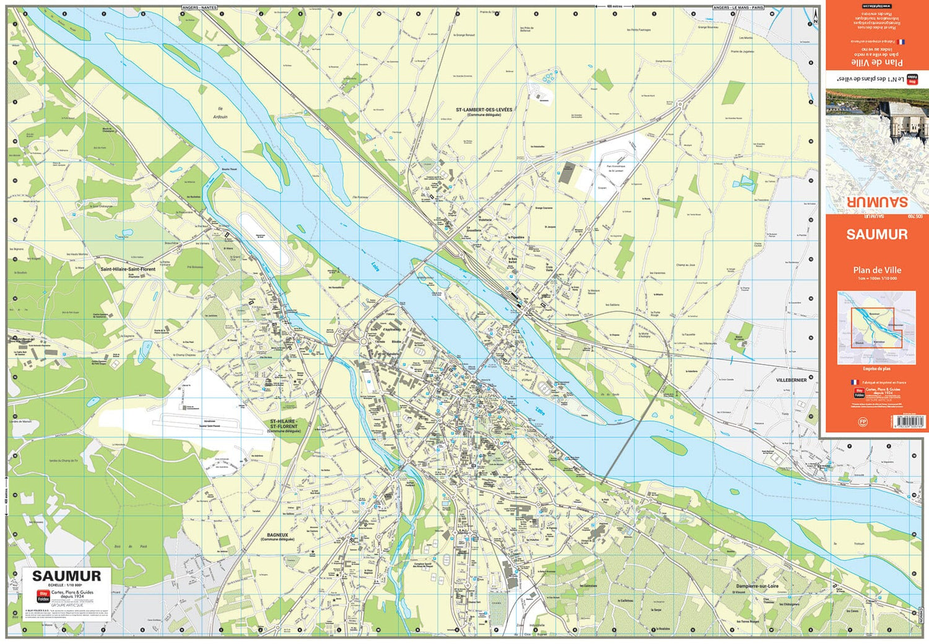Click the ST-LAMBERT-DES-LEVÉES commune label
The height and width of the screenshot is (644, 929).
coord(484,110)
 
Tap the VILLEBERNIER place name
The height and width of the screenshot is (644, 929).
coord(791,380)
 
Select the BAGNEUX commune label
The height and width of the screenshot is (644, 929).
coord(277,535)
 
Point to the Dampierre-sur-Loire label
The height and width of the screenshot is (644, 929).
coord(757,586)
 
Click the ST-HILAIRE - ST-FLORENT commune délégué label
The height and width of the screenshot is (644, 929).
coord(284,424)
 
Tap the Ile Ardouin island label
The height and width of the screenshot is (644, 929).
coord(220,113)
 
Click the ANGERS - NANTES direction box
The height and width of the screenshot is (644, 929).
coord(199,7)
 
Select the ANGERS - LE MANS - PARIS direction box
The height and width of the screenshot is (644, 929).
coord(738,7)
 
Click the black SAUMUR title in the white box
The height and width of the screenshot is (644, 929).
coord(66,576)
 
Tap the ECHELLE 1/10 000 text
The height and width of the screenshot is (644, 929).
coord(66,585)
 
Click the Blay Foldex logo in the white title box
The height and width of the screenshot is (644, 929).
coord(43,596)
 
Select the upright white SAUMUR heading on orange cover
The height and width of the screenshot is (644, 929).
coord(876,235)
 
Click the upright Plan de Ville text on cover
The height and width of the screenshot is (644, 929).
coord(876,270)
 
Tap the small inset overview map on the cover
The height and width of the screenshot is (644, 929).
coord(876,328)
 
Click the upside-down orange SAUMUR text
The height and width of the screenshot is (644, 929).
coord(876,202)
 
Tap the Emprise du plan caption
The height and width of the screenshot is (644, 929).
coord(876,369)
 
